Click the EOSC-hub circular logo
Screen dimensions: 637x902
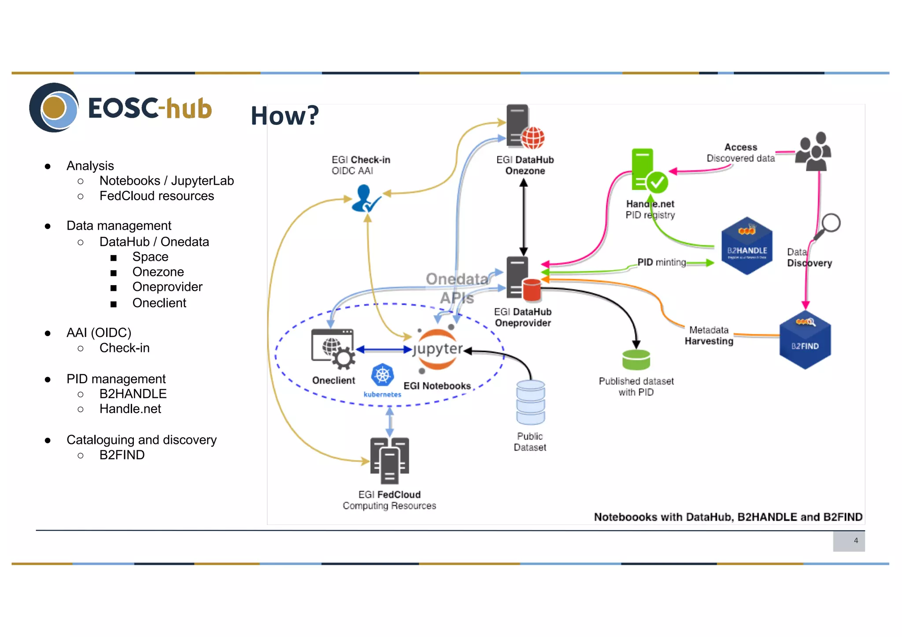coord(54,108)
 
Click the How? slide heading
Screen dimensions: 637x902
coord(285,116)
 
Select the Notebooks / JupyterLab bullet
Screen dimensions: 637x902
coord(166,181)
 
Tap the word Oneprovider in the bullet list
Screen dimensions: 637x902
coord(167,287)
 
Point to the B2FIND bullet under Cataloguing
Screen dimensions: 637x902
coord(122,455)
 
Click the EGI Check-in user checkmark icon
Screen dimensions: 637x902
coord(365,199)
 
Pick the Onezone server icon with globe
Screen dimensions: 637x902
coord(524,128)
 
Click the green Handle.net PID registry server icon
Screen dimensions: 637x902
coord(647,172)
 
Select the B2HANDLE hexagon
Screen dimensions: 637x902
coord(747,246)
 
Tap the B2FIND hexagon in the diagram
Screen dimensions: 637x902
coord(805,340)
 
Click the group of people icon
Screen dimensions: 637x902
coord(814,151)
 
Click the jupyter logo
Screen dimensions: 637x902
coord(437,349)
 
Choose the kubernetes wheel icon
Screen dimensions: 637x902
coord(382,376)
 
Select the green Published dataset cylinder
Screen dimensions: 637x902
coord(636,360)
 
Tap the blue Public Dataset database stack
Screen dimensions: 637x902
coord(531,402)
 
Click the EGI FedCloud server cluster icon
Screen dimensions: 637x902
coord(390,460)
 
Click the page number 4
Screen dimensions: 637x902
coord(855,540)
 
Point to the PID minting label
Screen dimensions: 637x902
coord(662,262)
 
